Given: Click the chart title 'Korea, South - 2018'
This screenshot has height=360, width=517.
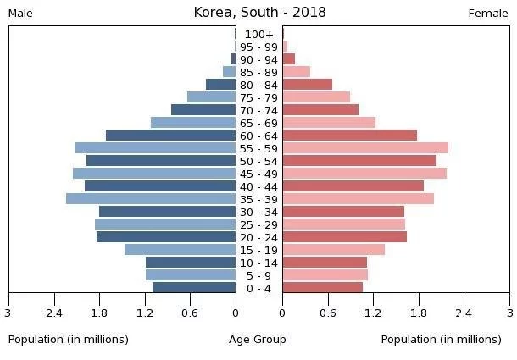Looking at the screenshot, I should point(259,12).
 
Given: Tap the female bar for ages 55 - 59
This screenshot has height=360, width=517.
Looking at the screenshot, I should point(365,148).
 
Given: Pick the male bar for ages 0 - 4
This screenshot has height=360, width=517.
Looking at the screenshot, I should point(194,288).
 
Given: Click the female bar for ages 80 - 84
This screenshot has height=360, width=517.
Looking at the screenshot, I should point(307,85).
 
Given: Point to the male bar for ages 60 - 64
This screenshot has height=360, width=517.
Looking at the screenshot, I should point(170,136).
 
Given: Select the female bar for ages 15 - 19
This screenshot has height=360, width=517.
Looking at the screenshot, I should point(333,250).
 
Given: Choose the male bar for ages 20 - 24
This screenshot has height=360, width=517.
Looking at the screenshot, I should point(166,237).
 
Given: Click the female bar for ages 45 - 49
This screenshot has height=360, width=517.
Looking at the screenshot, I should point(364,174).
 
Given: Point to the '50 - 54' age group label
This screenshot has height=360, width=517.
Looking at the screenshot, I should point(258,161).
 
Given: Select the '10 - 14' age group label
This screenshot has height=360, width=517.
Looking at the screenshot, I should point(258,263).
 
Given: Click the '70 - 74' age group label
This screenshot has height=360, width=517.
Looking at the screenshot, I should point(258,110).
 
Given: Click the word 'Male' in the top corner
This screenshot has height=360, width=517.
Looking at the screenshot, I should point(20,14).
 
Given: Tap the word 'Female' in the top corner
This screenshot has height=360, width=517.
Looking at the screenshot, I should point(488,14).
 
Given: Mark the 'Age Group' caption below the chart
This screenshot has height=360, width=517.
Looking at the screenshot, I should point(258,340).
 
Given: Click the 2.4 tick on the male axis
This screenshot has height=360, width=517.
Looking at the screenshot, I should point(54,313).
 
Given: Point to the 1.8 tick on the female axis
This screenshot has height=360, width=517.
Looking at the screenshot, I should point(419,313).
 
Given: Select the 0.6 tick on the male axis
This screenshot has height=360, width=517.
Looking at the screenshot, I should point(189,313).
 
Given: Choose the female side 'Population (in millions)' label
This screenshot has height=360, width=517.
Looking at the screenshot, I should point(441,340).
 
